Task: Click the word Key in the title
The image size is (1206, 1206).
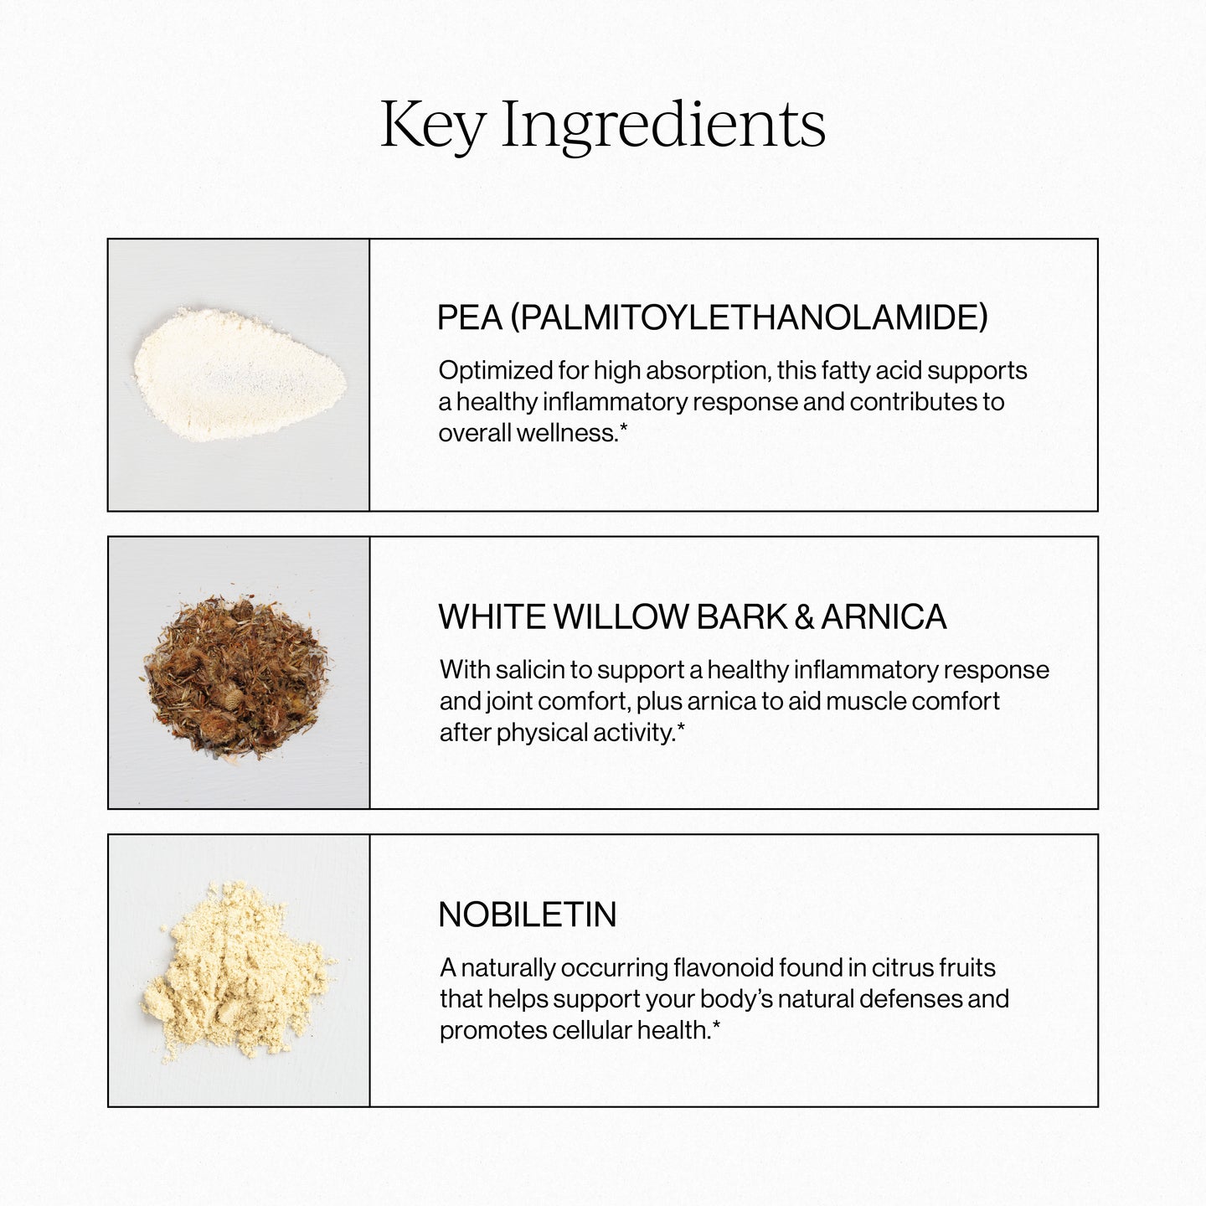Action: [x=432, y=126]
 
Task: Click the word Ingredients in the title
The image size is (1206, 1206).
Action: [x=663, y=126]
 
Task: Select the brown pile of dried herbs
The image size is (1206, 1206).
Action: [x=238, y=674]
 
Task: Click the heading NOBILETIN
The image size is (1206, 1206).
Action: [x=528, y=915]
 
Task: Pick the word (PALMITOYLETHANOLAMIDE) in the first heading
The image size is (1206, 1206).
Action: [x=749, y=318]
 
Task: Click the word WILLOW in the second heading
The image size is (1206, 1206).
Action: [x=620, y=617]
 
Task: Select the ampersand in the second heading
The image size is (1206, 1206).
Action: [x=804, y=617]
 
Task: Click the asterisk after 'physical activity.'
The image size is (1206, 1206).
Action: [x=681, y=729]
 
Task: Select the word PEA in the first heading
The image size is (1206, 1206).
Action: [x=469, y=318]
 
